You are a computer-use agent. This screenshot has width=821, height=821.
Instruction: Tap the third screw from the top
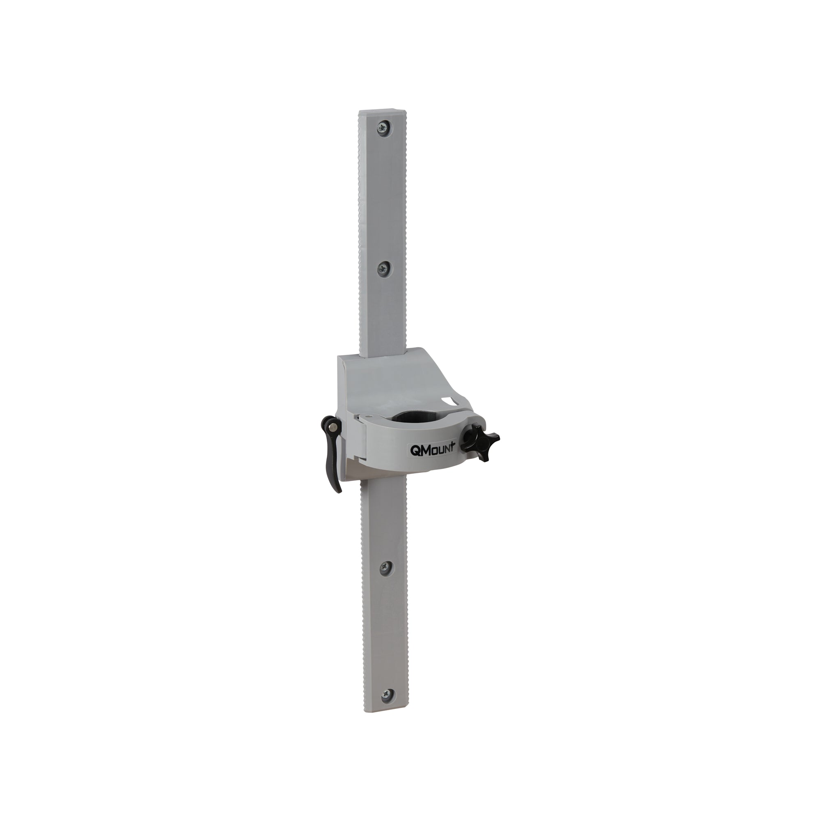pyautogui.click(x=385, y=566)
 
